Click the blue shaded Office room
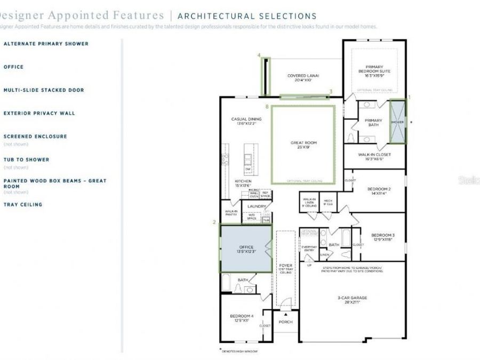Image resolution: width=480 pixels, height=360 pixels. click(x=246, y=249)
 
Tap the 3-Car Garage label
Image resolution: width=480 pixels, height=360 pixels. click(x=352, y=300)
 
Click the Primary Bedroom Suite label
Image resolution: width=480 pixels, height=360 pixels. click(x=374, y=70)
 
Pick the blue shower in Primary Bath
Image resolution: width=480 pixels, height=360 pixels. click(x=397, y=122)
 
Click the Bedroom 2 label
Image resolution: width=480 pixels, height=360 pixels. click(x=379, y=191)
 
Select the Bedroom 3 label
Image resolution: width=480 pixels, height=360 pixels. click(x=383, y=237)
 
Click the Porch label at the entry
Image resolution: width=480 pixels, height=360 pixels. click(x=286, y=322)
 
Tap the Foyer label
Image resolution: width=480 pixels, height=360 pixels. click(x=286, y=267)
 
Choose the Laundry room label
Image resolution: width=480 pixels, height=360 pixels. click(x=257, y=206)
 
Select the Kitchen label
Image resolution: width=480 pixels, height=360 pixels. click(x=243, y=183)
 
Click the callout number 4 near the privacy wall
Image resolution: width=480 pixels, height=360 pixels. click(x=259, y=55)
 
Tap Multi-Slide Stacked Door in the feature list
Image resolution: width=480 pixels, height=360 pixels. click(x=44, y=90)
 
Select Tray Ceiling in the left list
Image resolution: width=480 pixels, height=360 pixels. click(x=23, y=204)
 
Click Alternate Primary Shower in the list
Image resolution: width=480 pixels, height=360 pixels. click(x=46, y=44)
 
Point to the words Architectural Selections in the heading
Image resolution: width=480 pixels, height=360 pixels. click(x=246, y=17)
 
